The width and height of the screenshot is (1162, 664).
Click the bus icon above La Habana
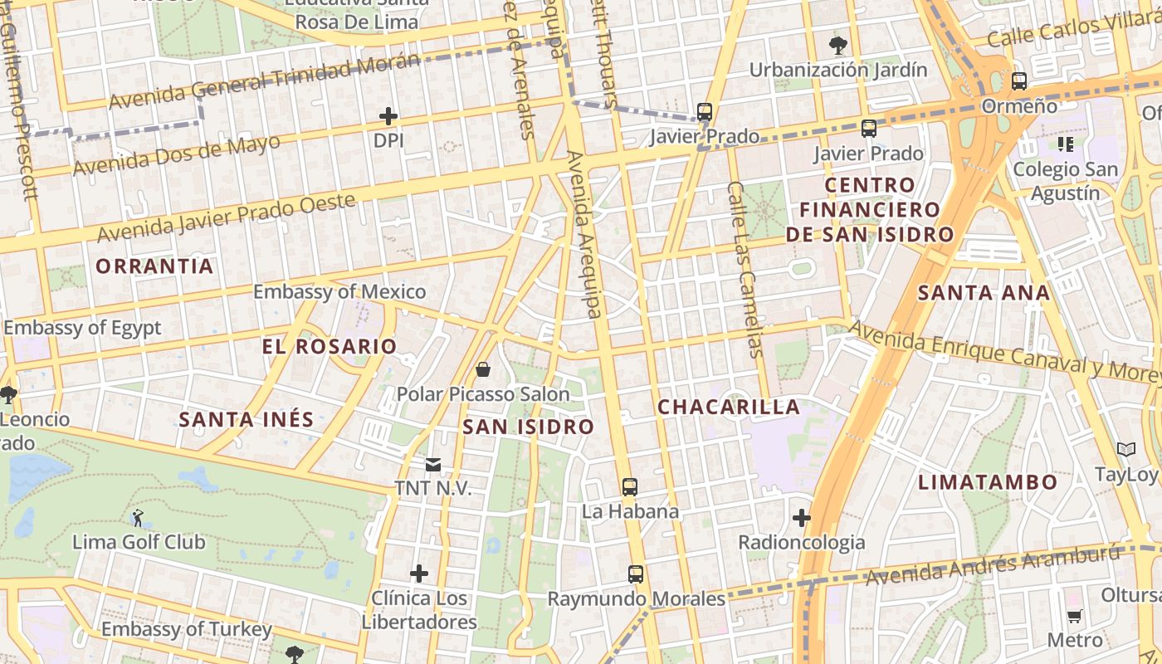630,487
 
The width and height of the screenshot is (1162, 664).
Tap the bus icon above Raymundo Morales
636,574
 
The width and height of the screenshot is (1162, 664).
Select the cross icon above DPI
388,116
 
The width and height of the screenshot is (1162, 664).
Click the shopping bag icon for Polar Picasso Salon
483,369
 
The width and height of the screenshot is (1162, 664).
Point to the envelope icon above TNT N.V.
432,464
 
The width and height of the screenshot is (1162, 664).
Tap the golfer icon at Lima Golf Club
138,518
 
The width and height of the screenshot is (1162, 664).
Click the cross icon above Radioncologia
801,519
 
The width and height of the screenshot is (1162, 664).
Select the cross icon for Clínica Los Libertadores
419,574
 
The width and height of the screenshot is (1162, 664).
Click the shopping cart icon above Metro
1074,616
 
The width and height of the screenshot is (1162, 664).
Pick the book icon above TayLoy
1125,450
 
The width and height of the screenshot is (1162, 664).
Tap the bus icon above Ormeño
1019,81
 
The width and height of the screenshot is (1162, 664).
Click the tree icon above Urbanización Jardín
838,44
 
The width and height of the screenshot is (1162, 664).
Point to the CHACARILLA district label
729,407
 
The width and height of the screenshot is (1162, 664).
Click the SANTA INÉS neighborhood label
247,419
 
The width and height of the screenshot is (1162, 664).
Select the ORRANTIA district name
154,266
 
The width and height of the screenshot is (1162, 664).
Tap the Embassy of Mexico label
339,292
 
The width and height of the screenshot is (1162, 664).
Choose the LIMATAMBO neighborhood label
988,482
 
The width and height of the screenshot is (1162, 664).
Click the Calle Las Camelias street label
745,270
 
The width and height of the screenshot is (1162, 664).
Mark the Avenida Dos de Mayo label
176,155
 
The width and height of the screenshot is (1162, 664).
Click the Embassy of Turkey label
186,629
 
